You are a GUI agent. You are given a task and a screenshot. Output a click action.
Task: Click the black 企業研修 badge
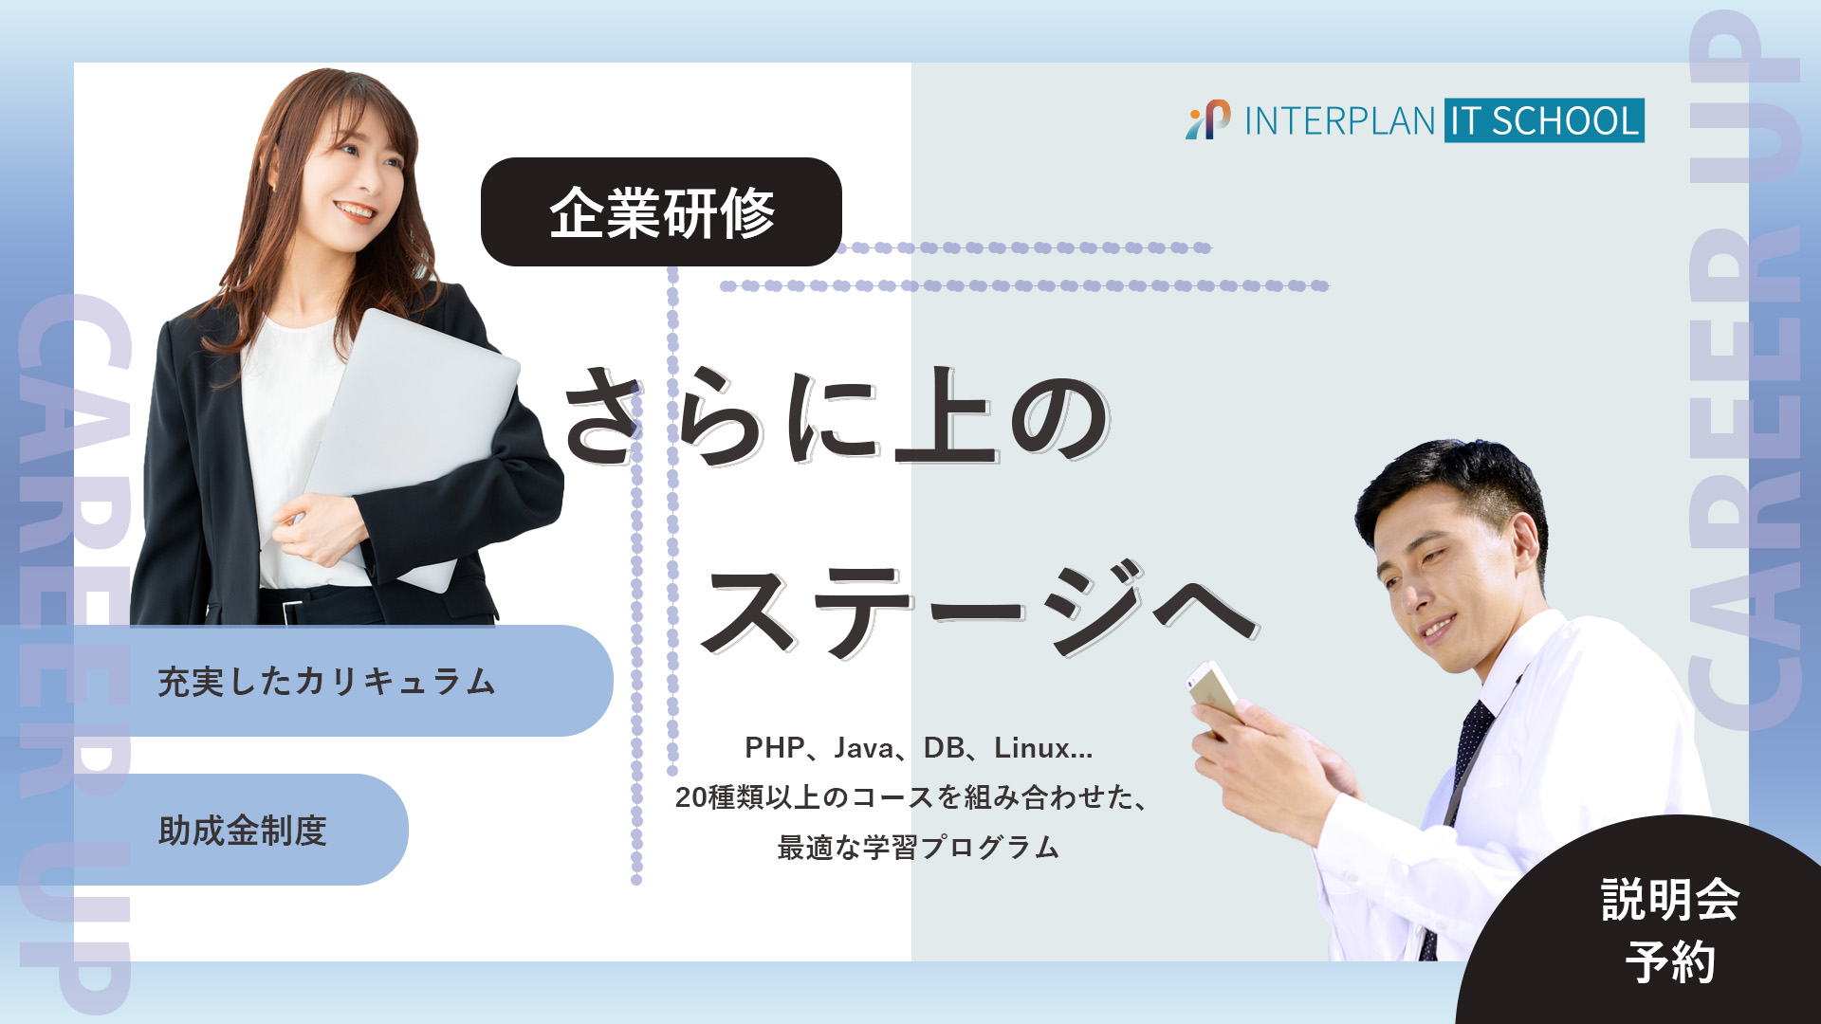pyautogui.click(x=661, y=211)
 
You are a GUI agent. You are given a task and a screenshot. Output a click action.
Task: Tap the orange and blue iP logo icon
pyautogui.click(x=1207, y=120)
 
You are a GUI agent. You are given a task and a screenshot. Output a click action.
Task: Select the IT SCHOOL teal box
pyautogui.click(x=1544, y=120)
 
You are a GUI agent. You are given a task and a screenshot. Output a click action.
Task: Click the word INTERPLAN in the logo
pyautogui.click(x=1339, y=121)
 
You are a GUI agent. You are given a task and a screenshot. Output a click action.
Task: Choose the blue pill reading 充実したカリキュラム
pyautogui.click(x=327, y=681)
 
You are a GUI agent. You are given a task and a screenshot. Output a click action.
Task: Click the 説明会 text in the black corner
pyautogui.click(x=1670, y=899)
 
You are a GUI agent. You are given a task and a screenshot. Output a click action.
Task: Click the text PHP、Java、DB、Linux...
pyautogui.click(x=918, y=748)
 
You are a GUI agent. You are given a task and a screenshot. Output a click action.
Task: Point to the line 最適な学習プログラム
pyautogui.click(x=917, y=847)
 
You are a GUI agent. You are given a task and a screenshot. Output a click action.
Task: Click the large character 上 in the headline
pyautogui.click(x=945, y=419)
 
